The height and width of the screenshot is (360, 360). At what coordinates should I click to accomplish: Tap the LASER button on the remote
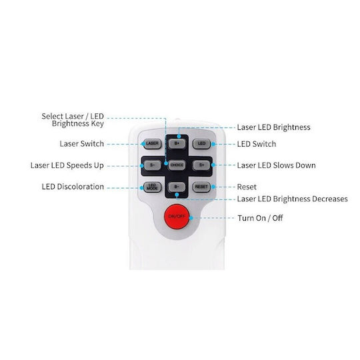coord(152,144)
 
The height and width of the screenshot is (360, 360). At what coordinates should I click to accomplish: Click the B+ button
coord(177,144)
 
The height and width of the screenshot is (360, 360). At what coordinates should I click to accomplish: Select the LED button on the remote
coord(201,144)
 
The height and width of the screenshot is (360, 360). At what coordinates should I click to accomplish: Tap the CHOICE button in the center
coord(177,165)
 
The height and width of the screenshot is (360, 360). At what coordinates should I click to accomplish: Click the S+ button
coord(201,165)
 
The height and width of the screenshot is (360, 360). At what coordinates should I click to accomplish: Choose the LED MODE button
coord(152,187)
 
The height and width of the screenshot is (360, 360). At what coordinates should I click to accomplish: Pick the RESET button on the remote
coord(201,187)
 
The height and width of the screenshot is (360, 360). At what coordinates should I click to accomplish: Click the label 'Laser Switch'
coord(82,144)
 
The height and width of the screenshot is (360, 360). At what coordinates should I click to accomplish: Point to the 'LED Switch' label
coord(257,144)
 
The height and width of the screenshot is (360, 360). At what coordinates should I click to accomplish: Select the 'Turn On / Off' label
coord(260,218)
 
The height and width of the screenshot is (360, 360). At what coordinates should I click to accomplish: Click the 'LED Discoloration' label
coord(73,187)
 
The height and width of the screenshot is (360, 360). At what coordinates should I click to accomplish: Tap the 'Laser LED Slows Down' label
coord(276,165)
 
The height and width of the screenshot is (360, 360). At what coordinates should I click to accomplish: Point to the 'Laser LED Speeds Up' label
coord(67,165)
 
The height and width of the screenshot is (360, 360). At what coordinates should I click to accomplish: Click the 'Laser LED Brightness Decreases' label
coord(292,199)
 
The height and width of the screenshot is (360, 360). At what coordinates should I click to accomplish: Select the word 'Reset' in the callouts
coord(247,187)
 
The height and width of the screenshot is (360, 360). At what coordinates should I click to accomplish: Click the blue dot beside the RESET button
coord(213,187)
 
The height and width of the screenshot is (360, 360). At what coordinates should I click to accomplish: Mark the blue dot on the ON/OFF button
coord(191,217)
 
